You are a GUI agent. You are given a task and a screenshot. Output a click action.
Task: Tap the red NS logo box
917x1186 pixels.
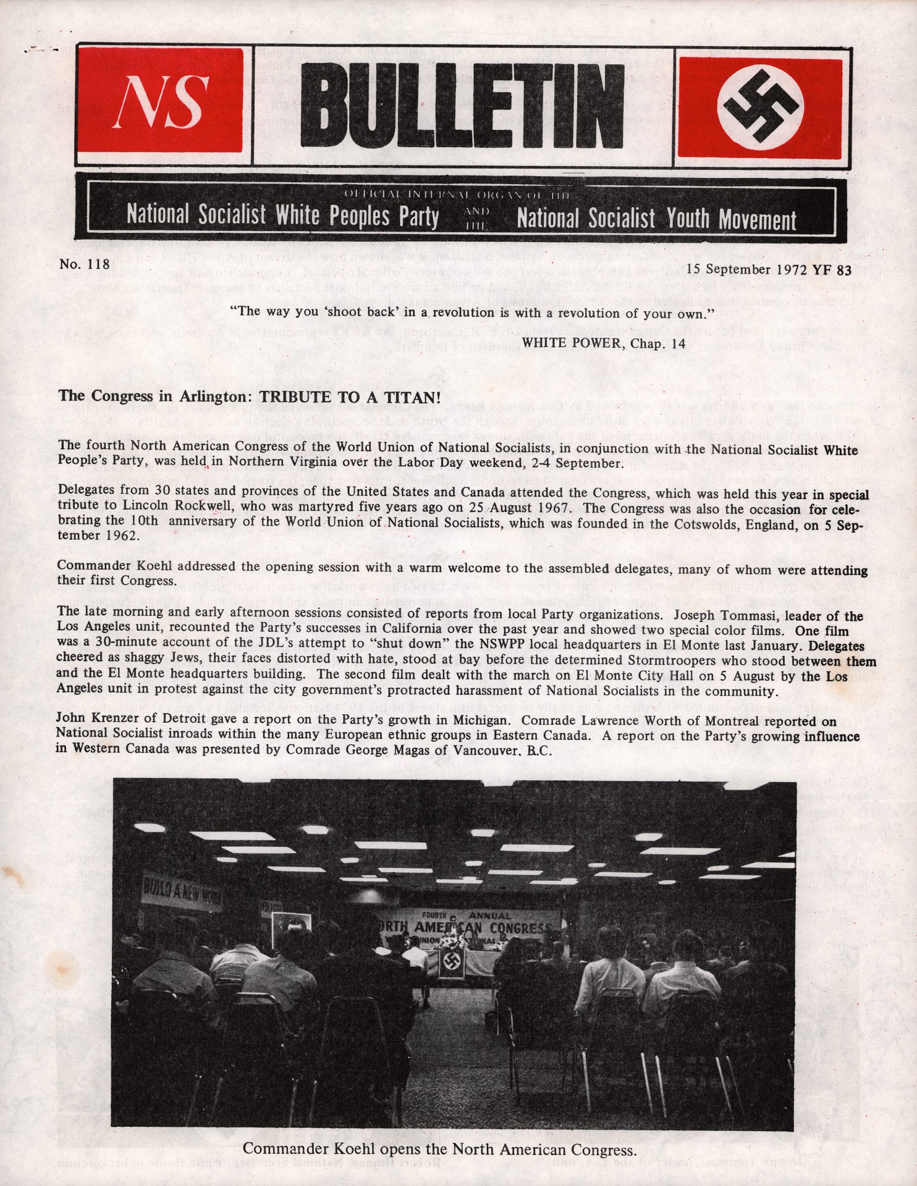pos(160,100)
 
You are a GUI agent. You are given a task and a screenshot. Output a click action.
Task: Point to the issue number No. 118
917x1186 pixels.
pos(85,265)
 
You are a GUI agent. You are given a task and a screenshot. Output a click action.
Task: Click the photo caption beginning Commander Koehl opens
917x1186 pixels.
pos(439,1150)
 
